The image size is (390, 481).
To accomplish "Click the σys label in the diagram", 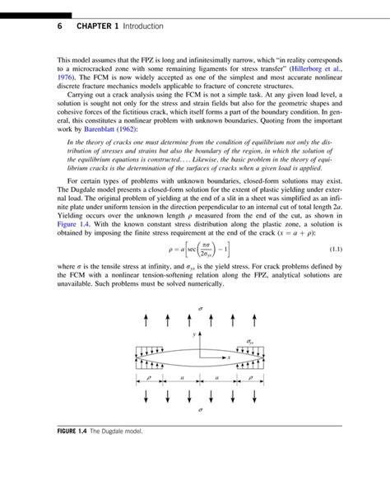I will pyautogui.click(x=250, y=340).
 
